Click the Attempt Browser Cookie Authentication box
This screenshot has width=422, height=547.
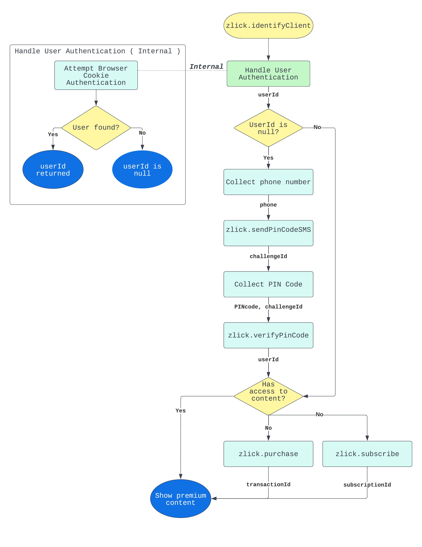click(96, 75)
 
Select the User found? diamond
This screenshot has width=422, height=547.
click(96, 128)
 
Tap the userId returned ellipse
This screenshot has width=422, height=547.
click(53, 170)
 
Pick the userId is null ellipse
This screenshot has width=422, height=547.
click(142, 170)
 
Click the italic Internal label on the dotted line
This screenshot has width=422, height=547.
click(206, 67)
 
